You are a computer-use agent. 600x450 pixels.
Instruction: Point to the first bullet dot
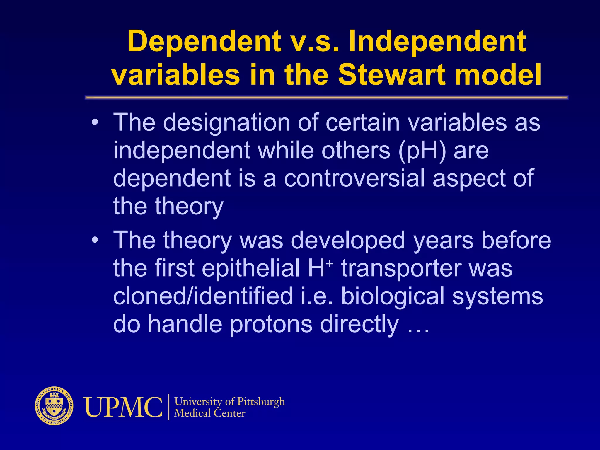click(94, 122)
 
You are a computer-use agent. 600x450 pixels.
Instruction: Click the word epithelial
click(250, 268)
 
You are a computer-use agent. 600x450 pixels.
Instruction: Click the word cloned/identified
click(203, 296)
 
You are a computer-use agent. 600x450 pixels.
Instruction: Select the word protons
click(271, 324)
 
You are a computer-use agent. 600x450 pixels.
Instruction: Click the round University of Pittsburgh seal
click(54, 406)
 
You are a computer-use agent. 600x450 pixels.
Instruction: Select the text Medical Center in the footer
click(209, 413)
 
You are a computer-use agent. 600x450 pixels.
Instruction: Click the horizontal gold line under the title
click(326, 97)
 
